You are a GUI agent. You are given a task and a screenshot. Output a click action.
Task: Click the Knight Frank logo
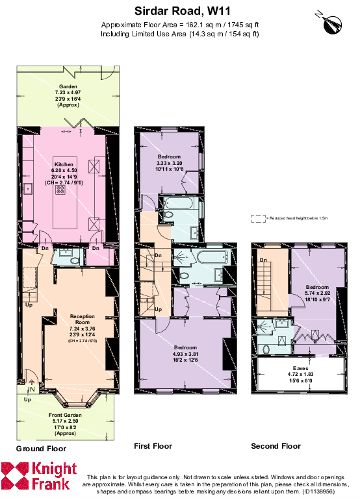pyautogui.click(x=39, y=476)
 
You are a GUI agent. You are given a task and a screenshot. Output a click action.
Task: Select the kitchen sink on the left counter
pyautogui.click(x=29, y=189)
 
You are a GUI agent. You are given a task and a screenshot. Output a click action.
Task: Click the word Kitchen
pyautogui.click(x=64, y=164)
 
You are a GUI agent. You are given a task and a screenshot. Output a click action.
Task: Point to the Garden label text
pyautogui.click(x=68, y=87)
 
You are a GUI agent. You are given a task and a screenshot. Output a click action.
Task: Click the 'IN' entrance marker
pyautogui.click(x=30, y=390)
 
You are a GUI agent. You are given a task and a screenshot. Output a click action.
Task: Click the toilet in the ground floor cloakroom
pyautogui.click(x=73, y=260)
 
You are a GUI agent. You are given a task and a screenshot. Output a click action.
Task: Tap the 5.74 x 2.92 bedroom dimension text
pyautogui.click(x=317, y=294)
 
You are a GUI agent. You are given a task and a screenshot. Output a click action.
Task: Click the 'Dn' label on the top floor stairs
pyautogui.click(x=263, y=260)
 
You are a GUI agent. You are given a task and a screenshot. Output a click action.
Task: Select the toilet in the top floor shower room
pyautogui.click(x=267, y=349)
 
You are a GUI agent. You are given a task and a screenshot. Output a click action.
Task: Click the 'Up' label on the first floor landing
pyautogui.click(x=158, y=309)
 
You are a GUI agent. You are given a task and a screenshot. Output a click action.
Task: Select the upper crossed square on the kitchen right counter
pyautogui.click(x=95, y=168)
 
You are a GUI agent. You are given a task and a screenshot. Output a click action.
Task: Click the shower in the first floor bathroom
pyautogui.click(x=181, y=257)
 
